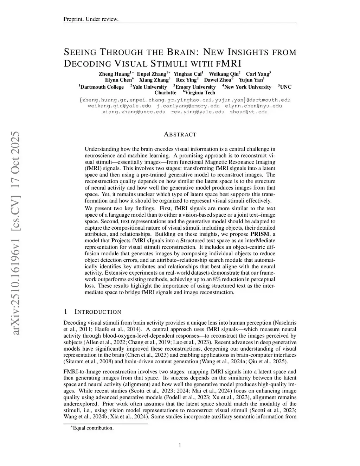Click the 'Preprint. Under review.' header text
point(91,19)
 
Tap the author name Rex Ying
point(186,80)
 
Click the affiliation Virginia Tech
point(200,93)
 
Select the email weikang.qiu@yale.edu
point(119,106)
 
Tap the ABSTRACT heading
point(180,134)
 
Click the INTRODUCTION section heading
point(98,312)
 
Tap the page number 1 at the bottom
point(180,446)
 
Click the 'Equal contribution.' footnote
point(93,428)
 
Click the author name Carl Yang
point(258,74)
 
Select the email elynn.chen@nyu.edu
point(253,106)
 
